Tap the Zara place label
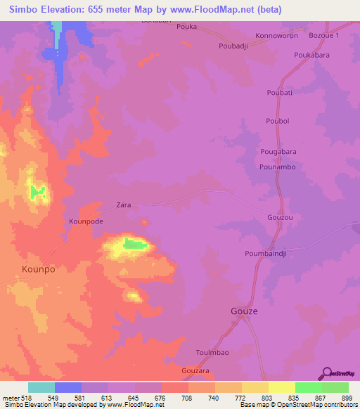pos(123,206)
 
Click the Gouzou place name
pos(279,218)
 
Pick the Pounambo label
pos(276,167)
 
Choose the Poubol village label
pos(278,121)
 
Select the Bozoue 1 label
pos(325,35)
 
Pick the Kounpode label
pos(86,221)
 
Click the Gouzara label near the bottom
pos(196,370)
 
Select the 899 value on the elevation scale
pos(347,397)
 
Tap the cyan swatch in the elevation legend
pos(41,387)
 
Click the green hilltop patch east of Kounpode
pos(136,244)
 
